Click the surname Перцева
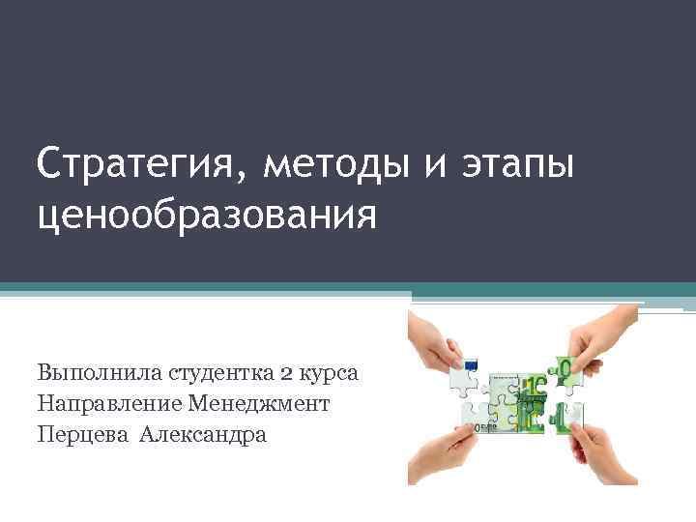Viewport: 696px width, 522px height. tap(81, 433)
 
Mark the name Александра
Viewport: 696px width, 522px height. tap(202, 433)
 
